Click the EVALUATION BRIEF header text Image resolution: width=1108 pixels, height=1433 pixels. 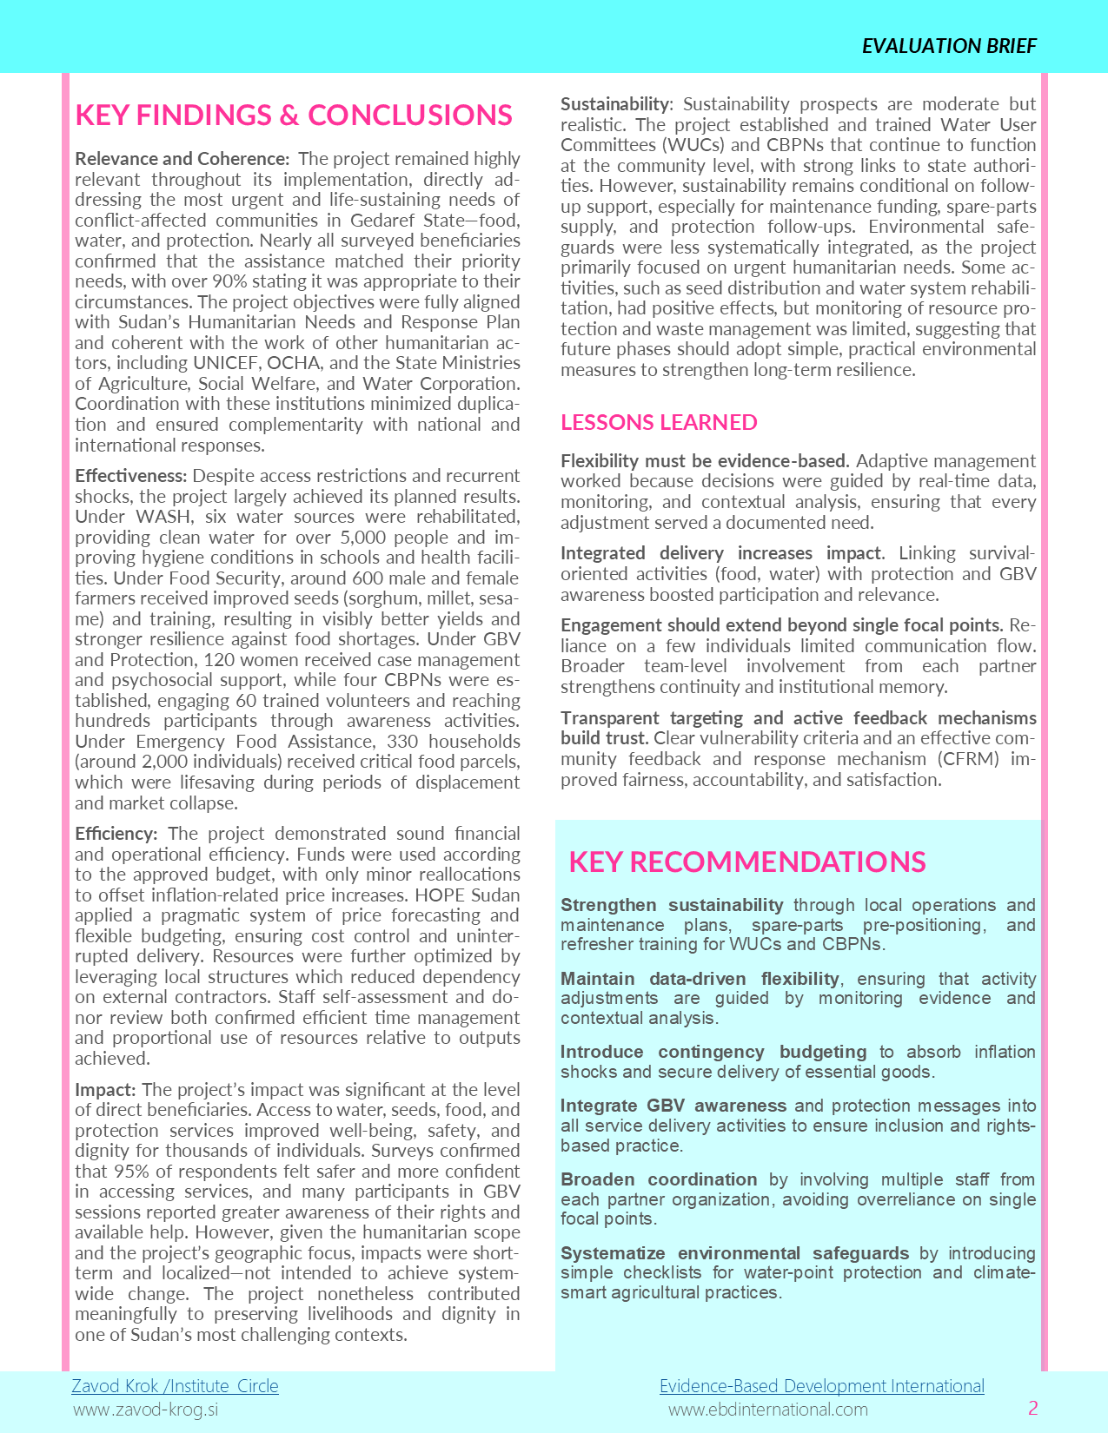[x=949, y=46]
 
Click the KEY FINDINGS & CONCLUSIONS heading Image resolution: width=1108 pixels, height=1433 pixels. [x=294, y=115]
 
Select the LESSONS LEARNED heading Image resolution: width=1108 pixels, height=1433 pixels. [x=659, y=422]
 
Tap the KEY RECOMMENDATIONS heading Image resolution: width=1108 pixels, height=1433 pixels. [x=746, y=862]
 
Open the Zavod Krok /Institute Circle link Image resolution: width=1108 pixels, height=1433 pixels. [x=175, y=1385]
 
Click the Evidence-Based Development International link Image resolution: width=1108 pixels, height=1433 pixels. [x=821, y=1385]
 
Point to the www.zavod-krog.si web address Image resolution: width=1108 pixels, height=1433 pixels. [x=145, y=1409]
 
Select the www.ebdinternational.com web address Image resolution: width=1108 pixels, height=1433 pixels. [x=767, y=1409]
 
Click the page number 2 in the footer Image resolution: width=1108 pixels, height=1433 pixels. [x=1032, y=1408]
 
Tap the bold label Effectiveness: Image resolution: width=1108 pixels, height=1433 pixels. [x=130, y=476]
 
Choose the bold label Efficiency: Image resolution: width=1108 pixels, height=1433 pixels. [x=116, y=834]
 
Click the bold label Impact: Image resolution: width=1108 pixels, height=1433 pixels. [x=105, y=1090]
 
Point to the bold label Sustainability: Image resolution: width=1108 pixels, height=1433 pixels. [x=616, y=104]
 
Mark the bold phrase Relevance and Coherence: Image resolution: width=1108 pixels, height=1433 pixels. [x=182, y=159]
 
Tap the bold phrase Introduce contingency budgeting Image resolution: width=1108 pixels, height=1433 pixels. [x=713, y=1052]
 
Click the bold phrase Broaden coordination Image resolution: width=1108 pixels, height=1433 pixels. [x=659, y=1179]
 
